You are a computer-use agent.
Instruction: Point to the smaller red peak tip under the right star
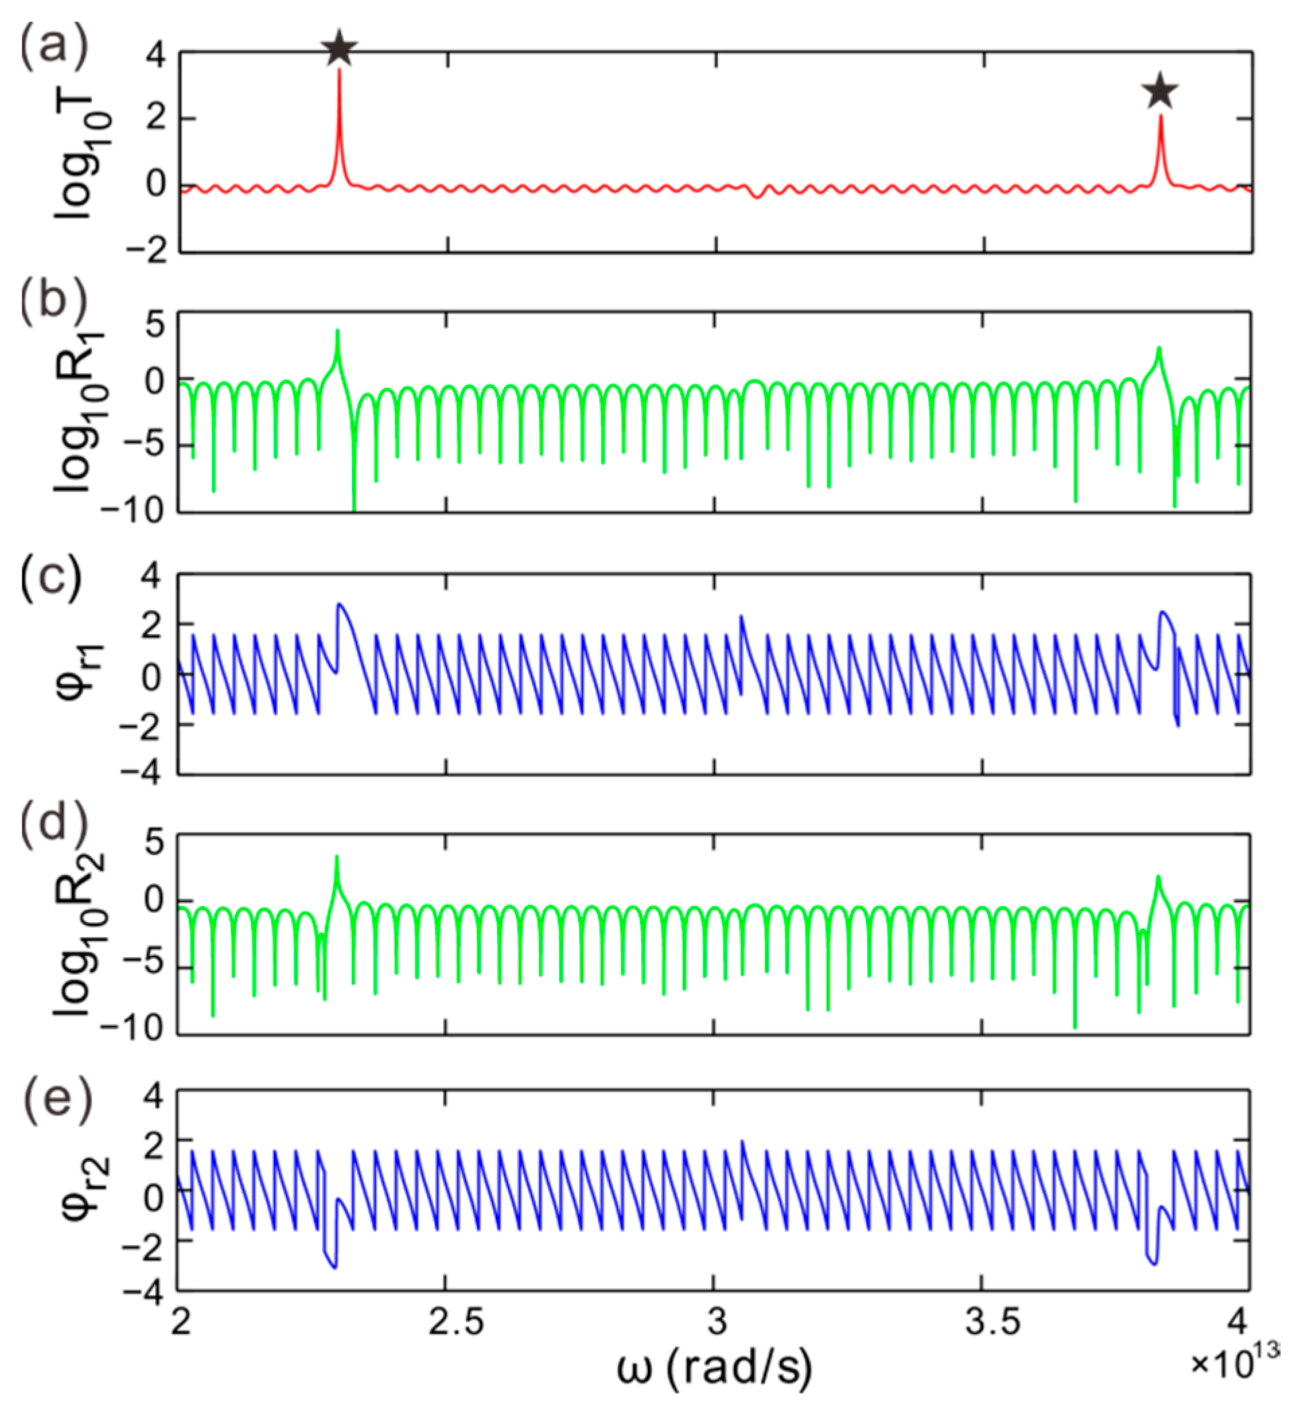coord(1160,116)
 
